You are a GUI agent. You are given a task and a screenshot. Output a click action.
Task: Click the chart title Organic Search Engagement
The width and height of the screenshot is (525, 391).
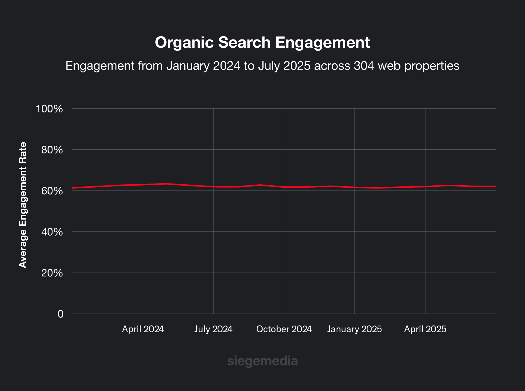(x=262, y=43)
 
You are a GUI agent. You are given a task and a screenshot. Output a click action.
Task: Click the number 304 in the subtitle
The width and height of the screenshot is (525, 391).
(x=364, y=66)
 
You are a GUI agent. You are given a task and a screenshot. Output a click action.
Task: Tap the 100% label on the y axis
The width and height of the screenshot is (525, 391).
(x=49, y=109)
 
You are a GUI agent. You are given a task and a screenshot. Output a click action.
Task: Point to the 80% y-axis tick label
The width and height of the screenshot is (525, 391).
(x=52, y=150)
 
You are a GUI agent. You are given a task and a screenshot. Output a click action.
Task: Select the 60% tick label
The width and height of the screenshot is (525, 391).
(x=52, y=191)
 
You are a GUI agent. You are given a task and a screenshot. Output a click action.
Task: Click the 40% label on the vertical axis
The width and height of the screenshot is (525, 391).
(x=52, y=232)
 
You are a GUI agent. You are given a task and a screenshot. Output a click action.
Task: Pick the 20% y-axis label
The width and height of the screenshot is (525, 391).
(x=52, y=273)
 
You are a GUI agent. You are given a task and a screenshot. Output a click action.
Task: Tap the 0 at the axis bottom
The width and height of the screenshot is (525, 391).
(x=60, y=314)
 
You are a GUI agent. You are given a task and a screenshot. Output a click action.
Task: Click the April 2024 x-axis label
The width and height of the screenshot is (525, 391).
(x=143, y=329)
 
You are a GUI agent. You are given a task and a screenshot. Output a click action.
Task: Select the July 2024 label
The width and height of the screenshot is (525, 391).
(x=213, y=329)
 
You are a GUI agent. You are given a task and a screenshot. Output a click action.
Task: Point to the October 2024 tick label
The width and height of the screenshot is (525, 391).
(x=284, y=329)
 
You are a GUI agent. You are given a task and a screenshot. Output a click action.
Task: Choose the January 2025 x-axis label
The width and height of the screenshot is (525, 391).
(x=354, y=329)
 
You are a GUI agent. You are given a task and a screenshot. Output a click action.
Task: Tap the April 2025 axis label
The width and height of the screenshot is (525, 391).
(x=425, y=329)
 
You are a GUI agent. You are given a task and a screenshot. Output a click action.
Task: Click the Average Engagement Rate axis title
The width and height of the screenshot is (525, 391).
(x=23, y=205)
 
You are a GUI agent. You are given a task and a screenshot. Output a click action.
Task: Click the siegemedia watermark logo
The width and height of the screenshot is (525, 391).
(x=262, y=361)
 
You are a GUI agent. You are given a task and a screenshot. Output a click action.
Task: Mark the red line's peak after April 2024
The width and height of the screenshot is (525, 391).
(x=166, y=184)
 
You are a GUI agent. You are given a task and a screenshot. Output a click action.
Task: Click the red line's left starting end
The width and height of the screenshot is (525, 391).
(x=73, y=188)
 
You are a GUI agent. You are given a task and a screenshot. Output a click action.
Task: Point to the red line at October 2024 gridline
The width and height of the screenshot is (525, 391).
(x=284, y=187)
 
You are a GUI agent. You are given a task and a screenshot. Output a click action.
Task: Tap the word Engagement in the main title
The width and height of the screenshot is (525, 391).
(x=323, y=43)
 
